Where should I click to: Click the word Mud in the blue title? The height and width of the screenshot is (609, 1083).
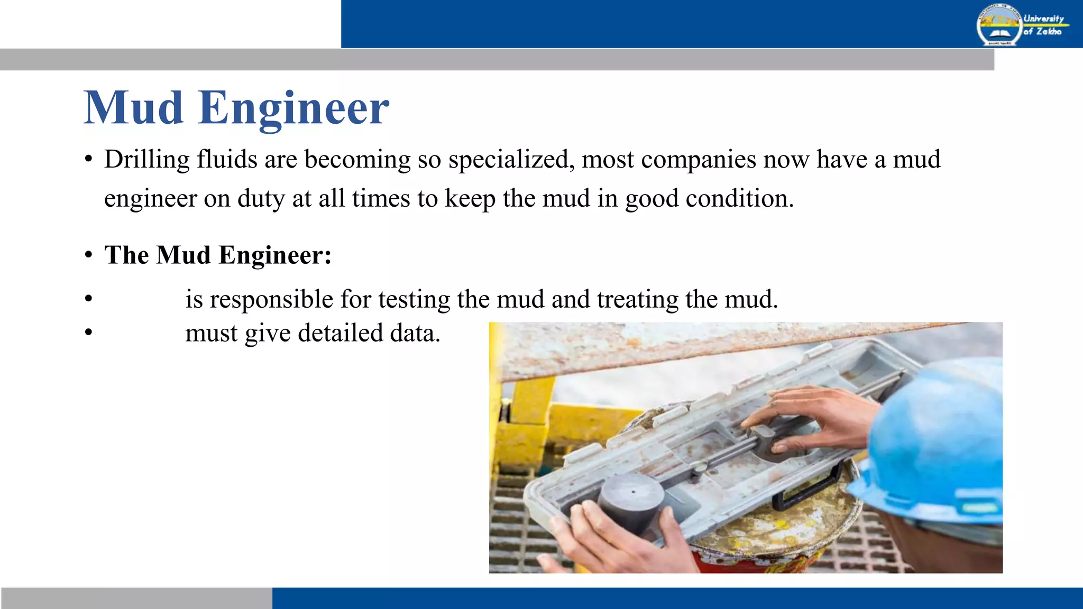click(133, 108)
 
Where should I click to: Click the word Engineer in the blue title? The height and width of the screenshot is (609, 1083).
click(293, 108)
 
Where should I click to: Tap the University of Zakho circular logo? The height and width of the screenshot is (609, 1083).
click(998, 25)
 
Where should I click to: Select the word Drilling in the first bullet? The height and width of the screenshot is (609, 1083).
click(146, 160)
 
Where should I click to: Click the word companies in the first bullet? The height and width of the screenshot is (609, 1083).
click(699, 160)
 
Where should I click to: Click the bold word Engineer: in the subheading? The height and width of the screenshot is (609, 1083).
click(275, 255)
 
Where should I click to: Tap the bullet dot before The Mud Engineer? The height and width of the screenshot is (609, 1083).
click(89, 256)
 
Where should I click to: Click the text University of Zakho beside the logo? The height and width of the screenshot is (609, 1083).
click(1043, 25)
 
